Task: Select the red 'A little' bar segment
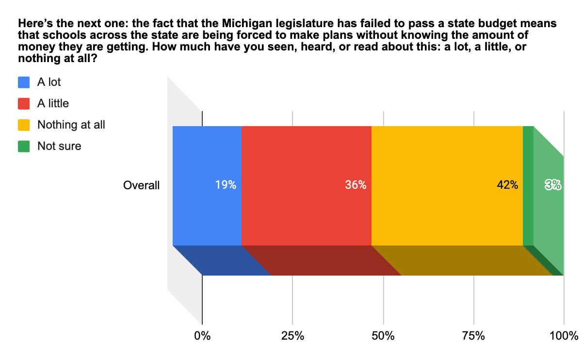click(306, 160)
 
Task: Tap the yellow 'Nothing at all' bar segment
click(447, 160)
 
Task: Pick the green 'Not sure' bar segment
click(528, 160)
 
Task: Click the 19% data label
click(226, 185)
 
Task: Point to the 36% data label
click(356, 185)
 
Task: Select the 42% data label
click(507, 185)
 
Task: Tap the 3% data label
click(553, 185)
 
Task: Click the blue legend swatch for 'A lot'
click(24, 82)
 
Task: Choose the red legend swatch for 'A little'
click(24, 103)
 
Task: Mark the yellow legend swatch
click(24, 125)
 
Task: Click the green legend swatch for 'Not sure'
click(24, 146)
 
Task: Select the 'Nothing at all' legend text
click(71, 125)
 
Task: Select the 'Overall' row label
click(141, 185)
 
